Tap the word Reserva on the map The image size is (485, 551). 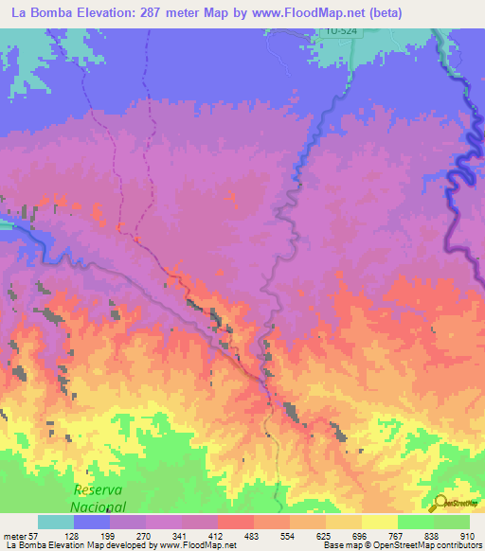99,489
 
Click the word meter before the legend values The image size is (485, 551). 16,536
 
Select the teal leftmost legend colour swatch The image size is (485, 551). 56,522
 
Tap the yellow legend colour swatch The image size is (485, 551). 379,522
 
